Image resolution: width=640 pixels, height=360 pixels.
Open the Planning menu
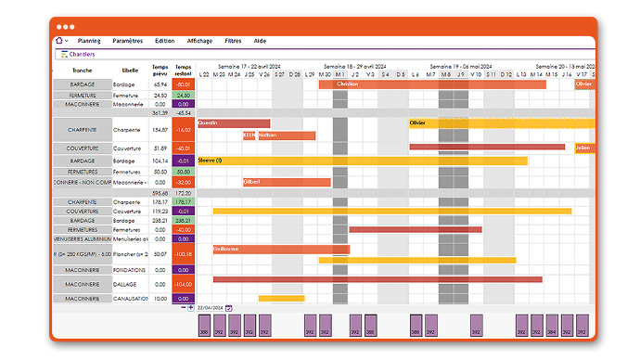(89, 41)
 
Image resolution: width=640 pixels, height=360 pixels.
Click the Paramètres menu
(128, 41)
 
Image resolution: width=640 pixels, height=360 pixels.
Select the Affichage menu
(198, 41)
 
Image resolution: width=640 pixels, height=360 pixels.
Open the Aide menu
(260, 41)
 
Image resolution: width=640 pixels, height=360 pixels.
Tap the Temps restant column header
(184, 70)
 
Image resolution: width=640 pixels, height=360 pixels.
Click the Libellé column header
(130, 70)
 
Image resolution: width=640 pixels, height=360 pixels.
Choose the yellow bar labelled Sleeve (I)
(362, 161)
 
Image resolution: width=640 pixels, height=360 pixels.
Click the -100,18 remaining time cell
(184, 253)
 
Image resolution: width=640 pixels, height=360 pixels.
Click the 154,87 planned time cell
(160, 130)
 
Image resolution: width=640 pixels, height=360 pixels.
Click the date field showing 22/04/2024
(211, 307)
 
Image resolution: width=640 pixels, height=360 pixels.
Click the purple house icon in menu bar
(60, 41)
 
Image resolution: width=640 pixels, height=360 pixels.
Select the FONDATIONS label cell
(128, 270)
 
